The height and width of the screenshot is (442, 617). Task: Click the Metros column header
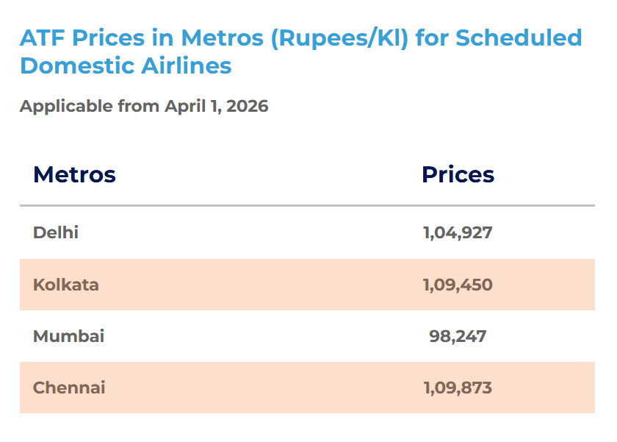coord(74,175)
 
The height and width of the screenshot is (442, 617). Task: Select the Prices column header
coord(458,175)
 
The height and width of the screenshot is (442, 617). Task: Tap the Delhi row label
coord(56,233)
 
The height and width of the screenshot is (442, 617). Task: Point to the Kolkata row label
coord(66,285)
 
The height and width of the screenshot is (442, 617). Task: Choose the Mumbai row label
coord(68,336)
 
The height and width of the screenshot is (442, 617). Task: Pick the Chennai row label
coord(69,388)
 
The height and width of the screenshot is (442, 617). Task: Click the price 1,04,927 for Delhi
coord(458,233)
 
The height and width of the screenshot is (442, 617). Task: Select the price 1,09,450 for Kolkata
coord(458,285)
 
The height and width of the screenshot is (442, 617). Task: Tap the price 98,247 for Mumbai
coord(458,336)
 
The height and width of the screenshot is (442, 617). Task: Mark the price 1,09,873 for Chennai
coord(458,388)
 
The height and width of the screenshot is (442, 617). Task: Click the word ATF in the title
coord(42,38)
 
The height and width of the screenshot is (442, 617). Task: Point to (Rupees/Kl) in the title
coord(339,38)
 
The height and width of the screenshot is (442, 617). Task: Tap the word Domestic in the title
coord(66,66)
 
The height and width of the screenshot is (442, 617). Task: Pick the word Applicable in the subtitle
coord(66,107)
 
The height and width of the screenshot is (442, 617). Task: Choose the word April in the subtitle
coord(183,107)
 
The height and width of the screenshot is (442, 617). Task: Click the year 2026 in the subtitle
coord(248,107)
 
